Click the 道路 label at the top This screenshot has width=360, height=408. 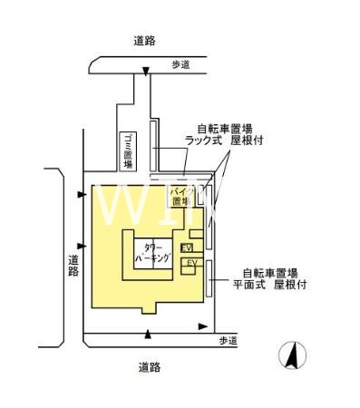coord(143,40)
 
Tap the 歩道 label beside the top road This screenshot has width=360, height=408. coord(180,64)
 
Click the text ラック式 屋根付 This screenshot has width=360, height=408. coord(224,142)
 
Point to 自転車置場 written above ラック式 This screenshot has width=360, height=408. coord(224,129)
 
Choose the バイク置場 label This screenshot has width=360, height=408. coord(181,198)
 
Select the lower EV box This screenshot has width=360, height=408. coord(190,264)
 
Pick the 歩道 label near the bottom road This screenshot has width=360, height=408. coord(228,340)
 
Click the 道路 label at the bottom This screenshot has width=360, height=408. coord(150,367)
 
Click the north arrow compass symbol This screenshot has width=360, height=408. coord(293,355)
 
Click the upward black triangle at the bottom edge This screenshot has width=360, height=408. coord(148,335)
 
